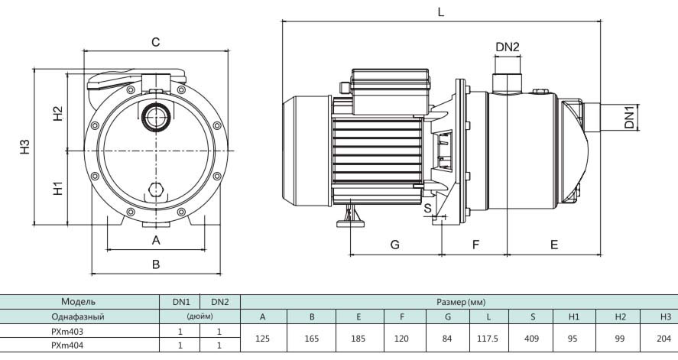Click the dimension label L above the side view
point(440,12)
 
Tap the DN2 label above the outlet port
point(507,47)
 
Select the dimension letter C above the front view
point(155,43)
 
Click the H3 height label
point(24,146)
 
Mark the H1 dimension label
point(57,188)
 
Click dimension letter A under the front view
point(156,240)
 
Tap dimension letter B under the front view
point(156,264)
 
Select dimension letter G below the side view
point(395,245)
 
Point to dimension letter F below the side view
point(475,245)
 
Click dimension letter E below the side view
point(554,245)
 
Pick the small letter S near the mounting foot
point(427,207)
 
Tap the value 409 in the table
point(532,338)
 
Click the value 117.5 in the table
point(489,338)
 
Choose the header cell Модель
point(79,301)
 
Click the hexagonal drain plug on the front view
point(156,190)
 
